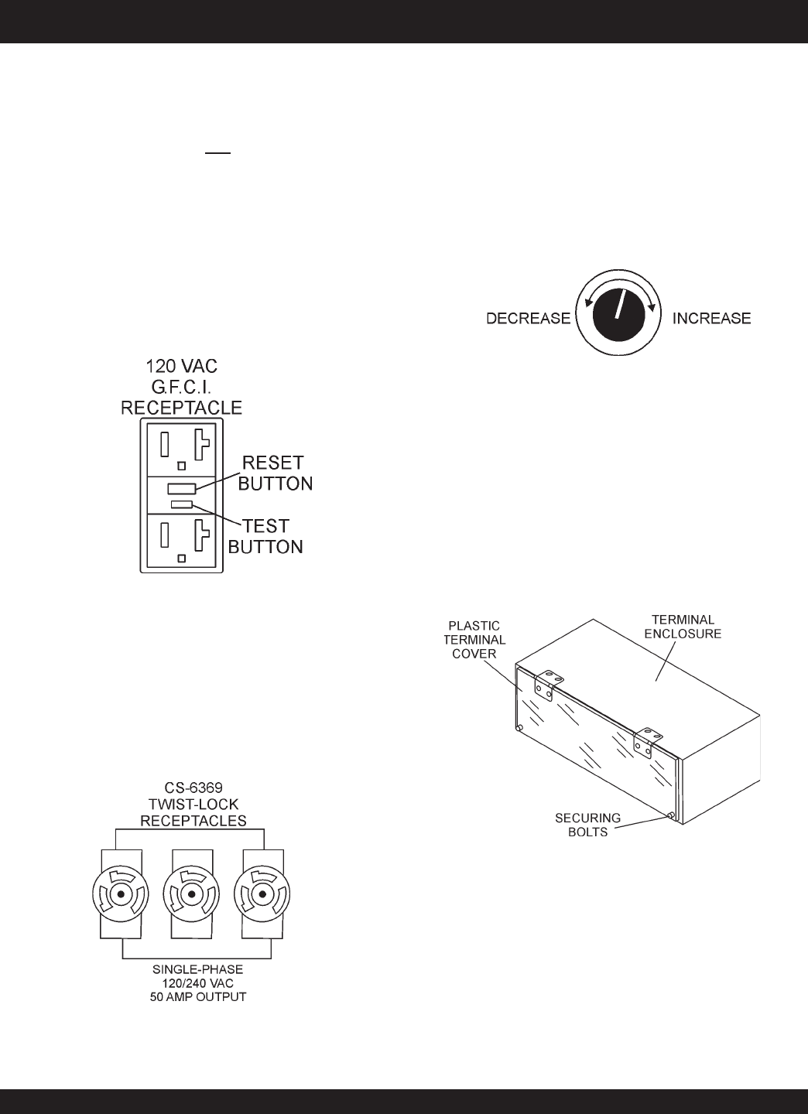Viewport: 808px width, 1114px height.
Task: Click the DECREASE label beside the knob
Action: (x=528, y=318)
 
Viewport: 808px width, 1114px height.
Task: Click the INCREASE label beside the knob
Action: (x=711, y=318)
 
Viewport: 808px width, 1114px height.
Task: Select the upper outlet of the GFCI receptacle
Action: (x=182, y=448)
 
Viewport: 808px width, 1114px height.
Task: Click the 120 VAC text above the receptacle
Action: (x=182, y=367)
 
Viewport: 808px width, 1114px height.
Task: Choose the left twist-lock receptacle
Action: (x=120, y=895)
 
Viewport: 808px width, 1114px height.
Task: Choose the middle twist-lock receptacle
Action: (x=191, y=895)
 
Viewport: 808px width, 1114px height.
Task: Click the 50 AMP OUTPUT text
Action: (x=198, y=996)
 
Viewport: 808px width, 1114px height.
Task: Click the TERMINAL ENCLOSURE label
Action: (x=684, y=626)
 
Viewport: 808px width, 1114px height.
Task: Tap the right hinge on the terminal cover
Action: (x=644, y=742)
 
